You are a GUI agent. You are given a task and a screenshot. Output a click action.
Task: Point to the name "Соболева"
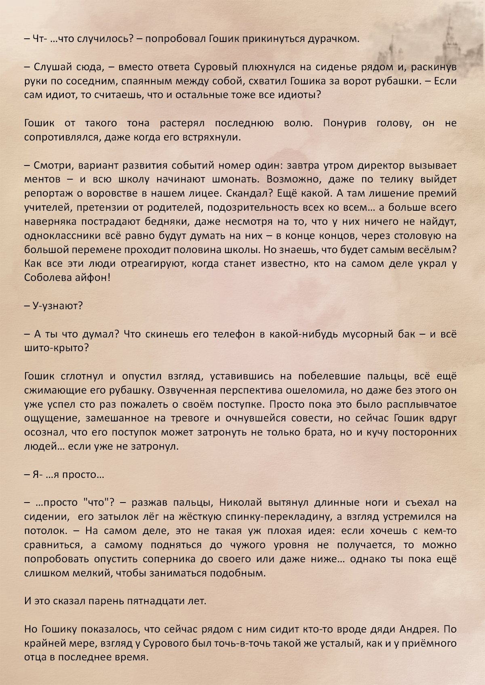point(44,278)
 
